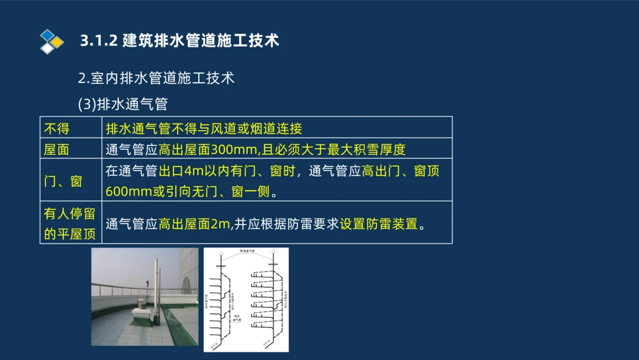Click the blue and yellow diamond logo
[x=52, y=41]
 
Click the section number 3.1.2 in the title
[x=98, y=40]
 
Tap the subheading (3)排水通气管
[x=123, y=103]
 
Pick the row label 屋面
[x=56, y=149]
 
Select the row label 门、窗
[x=63, y=181]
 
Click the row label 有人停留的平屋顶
[x=70, y=223]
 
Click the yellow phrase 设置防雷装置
[x=378, y=224]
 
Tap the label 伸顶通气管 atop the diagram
[x=247, y=251]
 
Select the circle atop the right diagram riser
[x=273, y=254]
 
